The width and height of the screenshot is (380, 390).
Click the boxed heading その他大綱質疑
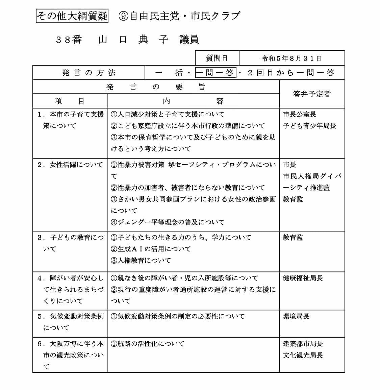click(x=72, y=16)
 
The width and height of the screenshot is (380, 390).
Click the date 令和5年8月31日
click(x=292, y=58)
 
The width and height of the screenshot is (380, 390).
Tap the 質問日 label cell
click(x=217, y=58)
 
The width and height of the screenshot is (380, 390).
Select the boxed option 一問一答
click(x=215, y=73)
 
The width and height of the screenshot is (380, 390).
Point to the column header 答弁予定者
click(x=311, y=94)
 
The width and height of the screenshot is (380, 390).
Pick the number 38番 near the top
click(x=69, y=40)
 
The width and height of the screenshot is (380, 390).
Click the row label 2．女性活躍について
click(x=70, y=165)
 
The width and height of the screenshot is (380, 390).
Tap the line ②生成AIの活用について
click(x=151, y=249)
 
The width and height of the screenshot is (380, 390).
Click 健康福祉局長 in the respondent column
click(x=303, y=278)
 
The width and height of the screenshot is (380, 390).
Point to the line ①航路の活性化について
click(x=148, y=344)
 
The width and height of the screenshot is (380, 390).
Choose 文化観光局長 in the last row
click(x=303, y=355)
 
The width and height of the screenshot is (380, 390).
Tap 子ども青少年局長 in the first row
click(x=310, y=126)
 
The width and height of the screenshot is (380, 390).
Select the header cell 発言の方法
click(x=89, y=73)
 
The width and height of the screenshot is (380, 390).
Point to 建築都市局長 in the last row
click(x=303, y=344)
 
